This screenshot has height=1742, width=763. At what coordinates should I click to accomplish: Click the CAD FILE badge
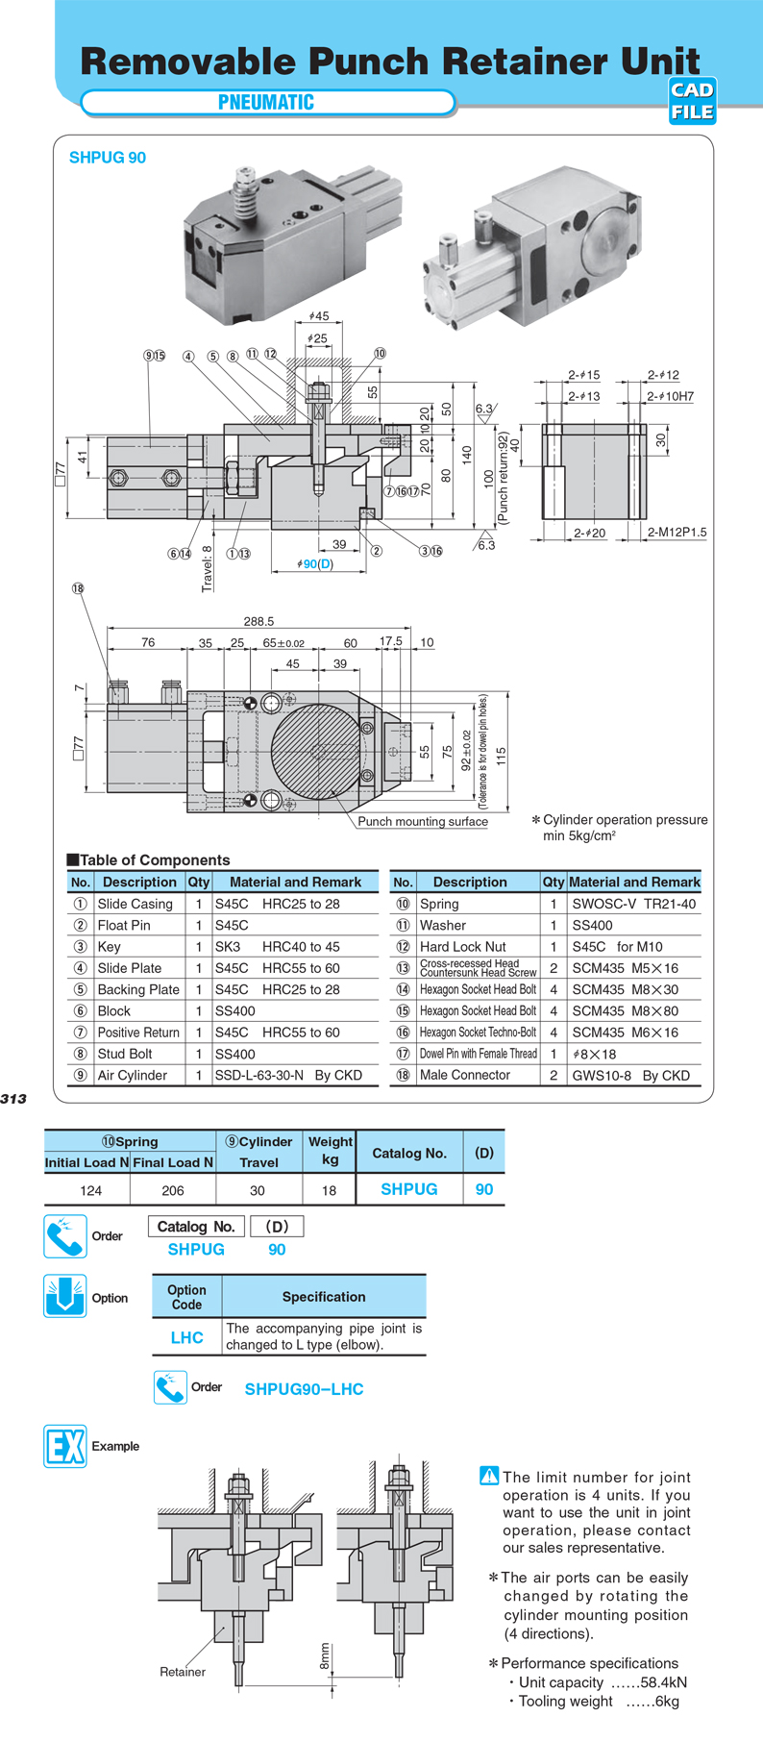coord(692,101)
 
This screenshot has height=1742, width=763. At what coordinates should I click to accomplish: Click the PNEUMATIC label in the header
coord(266,102)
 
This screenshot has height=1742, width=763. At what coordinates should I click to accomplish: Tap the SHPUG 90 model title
coord(108,158)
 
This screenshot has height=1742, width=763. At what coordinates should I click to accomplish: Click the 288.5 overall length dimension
coord(258,621)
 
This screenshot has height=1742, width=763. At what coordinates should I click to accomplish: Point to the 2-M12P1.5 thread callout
coord(677,532)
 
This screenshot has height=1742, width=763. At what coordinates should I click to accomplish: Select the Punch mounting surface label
coord(423,821)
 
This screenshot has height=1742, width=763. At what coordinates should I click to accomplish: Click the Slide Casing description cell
coord(135,904)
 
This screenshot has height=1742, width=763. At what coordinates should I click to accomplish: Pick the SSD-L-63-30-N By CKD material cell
coord(288,1075)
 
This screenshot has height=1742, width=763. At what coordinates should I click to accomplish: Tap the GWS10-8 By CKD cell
coord(630,1075)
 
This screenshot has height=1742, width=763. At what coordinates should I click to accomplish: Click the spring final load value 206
coord(173,1190)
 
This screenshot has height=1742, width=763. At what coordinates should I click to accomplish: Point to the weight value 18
coord(329,1190)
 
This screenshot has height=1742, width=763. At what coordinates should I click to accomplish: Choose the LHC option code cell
coord(186,1337)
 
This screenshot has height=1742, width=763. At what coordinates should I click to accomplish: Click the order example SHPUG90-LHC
coord(304,1389)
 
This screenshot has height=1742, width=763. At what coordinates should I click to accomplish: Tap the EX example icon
coord(65,1446)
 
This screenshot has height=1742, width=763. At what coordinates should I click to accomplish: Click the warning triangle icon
coord(488,1476)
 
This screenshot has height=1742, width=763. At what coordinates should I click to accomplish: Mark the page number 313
coord(13,1099)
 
